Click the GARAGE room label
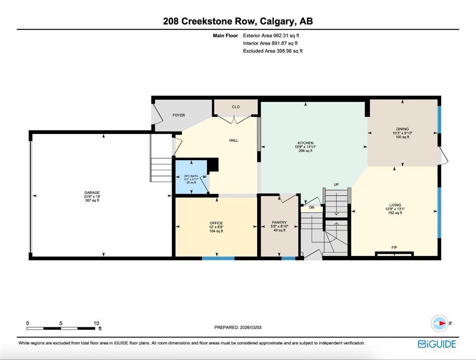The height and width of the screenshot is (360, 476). (x=92, y=193)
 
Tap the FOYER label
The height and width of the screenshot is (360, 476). (x=178, y=115)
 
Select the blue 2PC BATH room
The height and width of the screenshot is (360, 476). (x=191, y=177)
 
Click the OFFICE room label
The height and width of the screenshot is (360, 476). (x=216, y=223)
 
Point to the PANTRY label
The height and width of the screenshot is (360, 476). (x=279, y=222)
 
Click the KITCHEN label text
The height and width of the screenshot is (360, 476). (x=305, y=143)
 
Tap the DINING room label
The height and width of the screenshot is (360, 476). (x=402, y=129)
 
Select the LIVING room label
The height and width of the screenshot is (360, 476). (x=395, y=205)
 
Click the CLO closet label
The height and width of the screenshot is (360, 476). (x=236, y=107)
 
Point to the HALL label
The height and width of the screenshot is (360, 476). (x=234, y=140)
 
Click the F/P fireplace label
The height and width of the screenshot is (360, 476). (x=394, y=247)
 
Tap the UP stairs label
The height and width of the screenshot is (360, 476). (x=336, y=184)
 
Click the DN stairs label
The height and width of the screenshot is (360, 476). (x=312, y=208)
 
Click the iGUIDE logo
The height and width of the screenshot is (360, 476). (x=437, y=344)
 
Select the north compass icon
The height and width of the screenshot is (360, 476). (x=439, y=323)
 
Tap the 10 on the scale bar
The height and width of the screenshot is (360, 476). (x=96, y=323)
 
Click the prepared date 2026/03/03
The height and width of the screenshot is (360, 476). (x=251, y=328)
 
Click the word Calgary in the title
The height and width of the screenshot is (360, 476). (x=277, y=22)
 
